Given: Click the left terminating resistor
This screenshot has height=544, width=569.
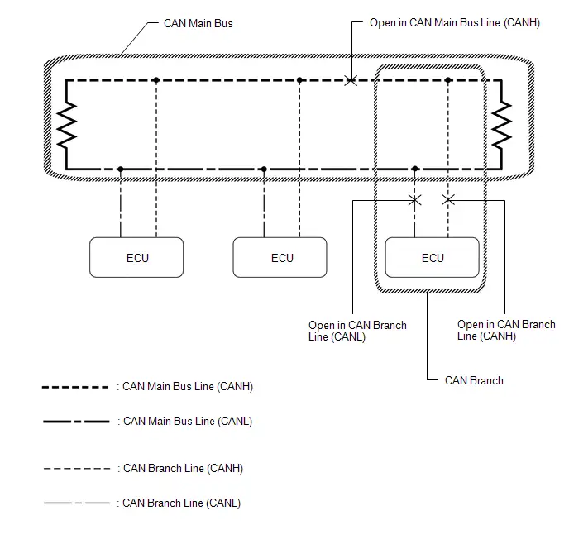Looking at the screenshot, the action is coord(67,125).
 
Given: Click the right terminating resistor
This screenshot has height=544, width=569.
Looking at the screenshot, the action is coord(501,125).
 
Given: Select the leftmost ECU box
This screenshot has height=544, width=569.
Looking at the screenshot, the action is coord(136,257).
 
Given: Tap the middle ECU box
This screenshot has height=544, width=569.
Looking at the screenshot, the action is coord(280,257).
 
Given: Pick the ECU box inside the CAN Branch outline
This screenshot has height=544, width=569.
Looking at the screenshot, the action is coord(432,257).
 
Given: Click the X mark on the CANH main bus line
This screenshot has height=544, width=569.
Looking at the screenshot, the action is coord(351,80).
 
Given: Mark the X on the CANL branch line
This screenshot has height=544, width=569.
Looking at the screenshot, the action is coord(415,200).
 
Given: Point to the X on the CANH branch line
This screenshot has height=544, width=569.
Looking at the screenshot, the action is coord(448,199).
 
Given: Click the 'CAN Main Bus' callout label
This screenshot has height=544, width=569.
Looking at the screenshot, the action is coord(198,24).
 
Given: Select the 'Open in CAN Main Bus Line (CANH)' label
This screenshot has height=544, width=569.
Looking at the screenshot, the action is coord(455,23).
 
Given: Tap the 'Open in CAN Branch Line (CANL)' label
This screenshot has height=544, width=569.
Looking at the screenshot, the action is coord(357,331).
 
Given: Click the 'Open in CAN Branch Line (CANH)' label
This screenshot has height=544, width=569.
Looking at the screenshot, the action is coord(506,330).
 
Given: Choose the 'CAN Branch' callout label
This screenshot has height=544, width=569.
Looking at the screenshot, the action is coord(474,380).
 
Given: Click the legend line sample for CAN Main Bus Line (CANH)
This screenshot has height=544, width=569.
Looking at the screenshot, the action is coord(75,387).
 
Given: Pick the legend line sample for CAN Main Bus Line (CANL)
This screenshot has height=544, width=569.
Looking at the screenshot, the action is coord(76,422).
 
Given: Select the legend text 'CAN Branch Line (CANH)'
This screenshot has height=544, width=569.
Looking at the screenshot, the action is coord(183,468).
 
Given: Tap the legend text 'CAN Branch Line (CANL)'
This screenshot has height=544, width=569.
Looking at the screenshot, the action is coord(181,503).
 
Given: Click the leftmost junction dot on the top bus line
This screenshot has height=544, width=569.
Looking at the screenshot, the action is coord(156,80).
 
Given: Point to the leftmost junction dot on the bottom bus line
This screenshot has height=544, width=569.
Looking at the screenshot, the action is coord(121,169).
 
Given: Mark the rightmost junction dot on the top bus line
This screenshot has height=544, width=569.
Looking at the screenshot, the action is coord(447,80).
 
